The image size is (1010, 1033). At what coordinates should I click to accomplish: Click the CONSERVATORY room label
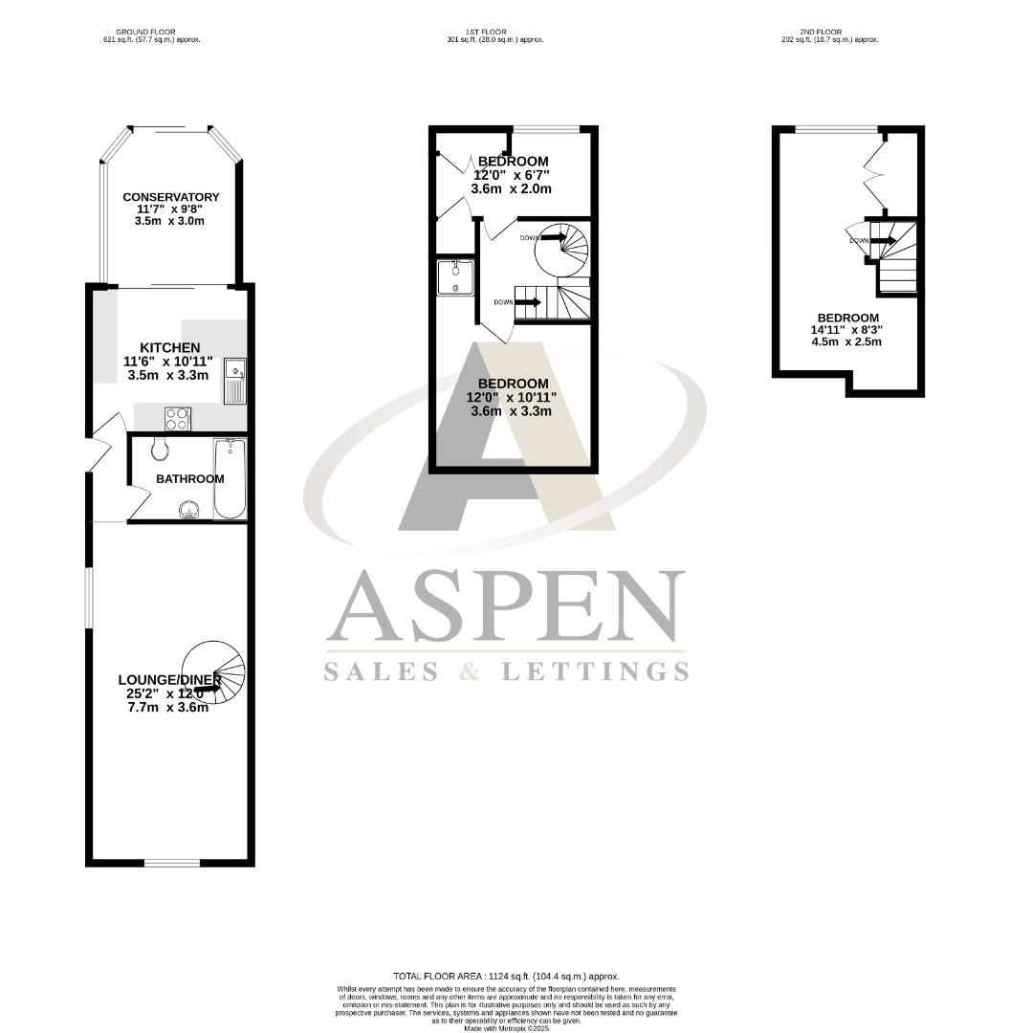[170, 197]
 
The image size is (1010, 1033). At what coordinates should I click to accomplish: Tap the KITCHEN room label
[170, 347]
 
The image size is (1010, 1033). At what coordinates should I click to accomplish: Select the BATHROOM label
[190, 479]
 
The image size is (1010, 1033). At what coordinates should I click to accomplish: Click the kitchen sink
[235, 380]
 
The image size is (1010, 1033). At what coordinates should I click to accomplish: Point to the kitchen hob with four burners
[178, 419]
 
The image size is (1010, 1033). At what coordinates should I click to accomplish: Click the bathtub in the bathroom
[230, 478]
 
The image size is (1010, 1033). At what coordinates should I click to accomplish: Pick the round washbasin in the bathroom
[189, 511]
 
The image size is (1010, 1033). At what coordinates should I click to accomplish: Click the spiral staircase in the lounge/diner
[214, 672]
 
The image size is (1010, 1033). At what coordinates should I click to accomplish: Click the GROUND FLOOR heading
[151, 33]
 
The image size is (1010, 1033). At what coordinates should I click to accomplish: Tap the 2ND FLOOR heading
[830, 33]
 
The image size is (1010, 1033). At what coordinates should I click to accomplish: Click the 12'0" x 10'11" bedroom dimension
[513, 397]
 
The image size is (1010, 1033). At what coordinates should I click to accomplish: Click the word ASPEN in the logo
[506, 608]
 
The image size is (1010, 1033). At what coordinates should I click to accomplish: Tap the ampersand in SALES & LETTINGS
[470, 671]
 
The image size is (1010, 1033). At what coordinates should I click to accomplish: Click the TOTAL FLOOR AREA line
[505, 976]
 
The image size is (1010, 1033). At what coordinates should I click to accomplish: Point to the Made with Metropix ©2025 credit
[505, 1028]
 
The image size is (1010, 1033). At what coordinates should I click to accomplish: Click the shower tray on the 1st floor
[455, 277]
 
